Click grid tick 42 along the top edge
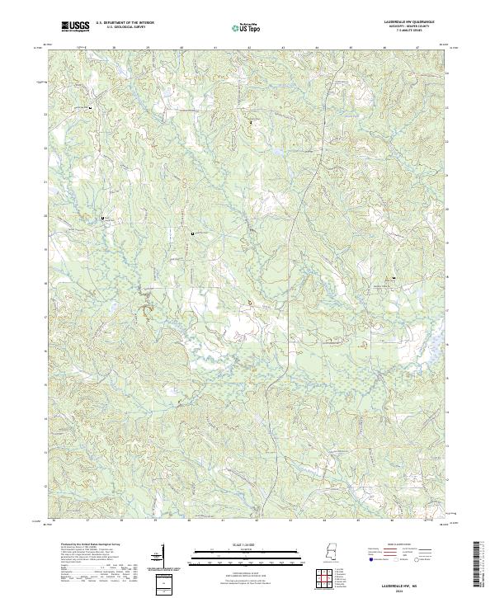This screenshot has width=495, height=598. pos(249,49)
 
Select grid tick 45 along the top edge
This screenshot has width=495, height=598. pos(351,49)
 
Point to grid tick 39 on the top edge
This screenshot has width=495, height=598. pos(147,49)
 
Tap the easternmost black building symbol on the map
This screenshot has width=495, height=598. pos(394,278)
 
